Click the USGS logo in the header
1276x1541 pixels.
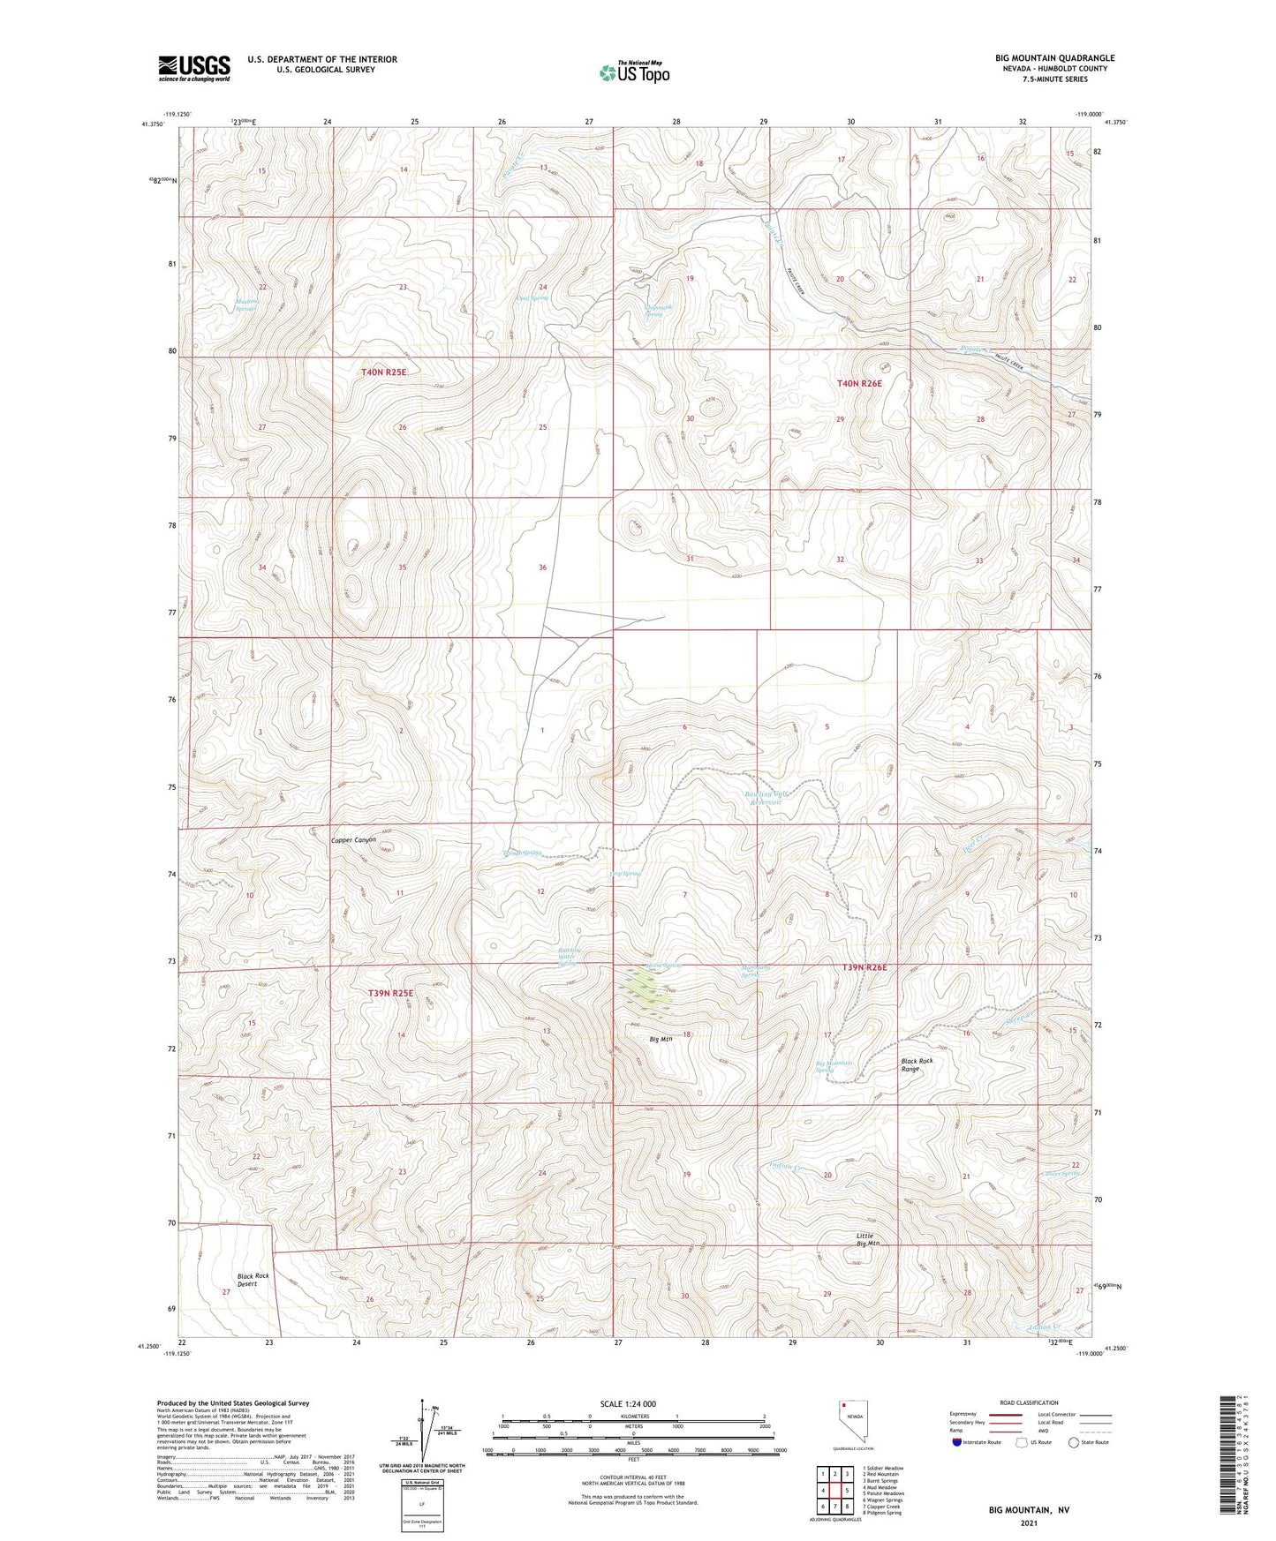194,68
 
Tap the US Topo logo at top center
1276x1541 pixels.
634,72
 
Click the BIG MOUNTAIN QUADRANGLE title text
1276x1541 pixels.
1054,58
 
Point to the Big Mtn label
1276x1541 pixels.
661,1039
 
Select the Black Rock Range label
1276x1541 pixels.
916,1064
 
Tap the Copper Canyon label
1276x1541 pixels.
353,840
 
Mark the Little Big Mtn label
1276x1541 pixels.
867,1239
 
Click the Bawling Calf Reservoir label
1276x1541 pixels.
766,798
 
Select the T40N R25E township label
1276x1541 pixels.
383,372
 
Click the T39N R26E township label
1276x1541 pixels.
864,968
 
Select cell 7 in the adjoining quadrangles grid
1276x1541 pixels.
834,1507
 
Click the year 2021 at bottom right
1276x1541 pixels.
1029,1523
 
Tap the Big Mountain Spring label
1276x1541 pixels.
834,1067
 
